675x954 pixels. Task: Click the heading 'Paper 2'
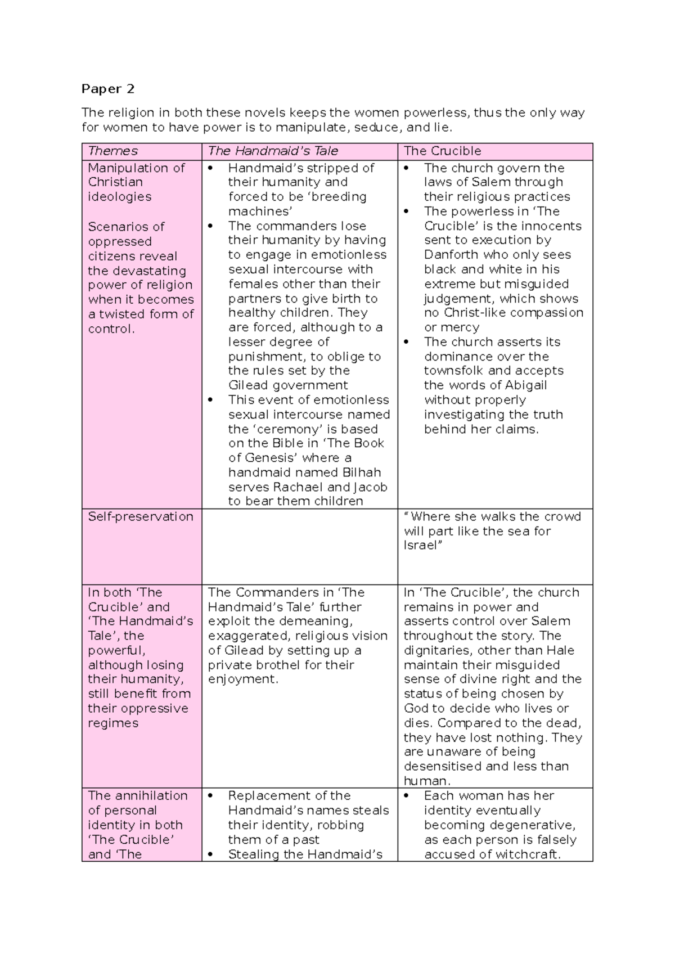tap(108, 89)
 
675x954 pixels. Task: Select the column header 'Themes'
tap(112, 151)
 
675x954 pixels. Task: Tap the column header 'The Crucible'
tap(442, 151)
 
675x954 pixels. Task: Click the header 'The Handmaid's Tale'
tap(273, 151)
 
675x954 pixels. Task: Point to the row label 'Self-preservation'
tap(140, 516)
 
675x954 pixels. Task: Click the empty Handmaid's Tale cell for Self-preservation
tap(299, 546)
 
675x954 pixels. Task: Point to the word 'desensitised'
tap(443, 766)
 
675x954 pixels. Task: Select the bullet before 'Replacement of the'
tap(211, 796)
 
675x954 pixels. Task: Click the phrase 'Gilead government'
tap(288, 385)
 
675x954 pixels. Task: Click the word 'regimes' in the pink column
tap(112, 723)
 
